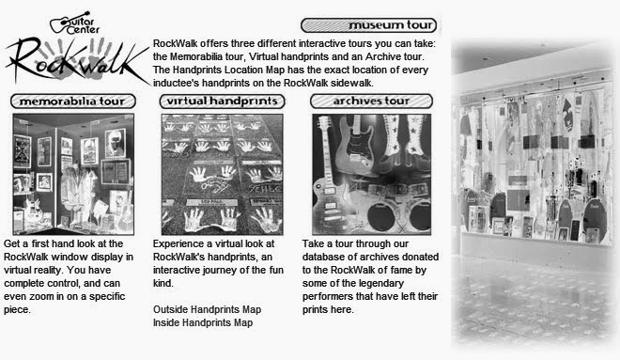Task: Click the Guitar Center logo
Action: [75, 23]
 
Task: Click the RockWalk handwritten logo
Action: [77, 60]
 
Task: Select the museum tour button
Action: [368, 25]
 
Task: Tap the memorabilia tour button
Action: [73, 102]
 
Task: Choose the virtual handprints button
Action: [223, 102]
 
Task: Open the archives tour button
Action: [371, 102]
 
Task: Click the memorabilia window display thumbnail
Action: [73, 175]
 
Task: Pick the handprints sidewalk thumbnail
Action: [223, 175]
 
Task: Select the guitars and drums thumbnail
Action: [372, 175]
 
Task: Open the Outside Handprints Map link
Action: [208, 309]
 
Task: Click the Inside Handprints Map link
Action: [203, 322]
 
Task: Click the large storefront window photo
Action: [534, 194]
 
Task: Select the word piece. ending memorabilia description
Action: [17, 310]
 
